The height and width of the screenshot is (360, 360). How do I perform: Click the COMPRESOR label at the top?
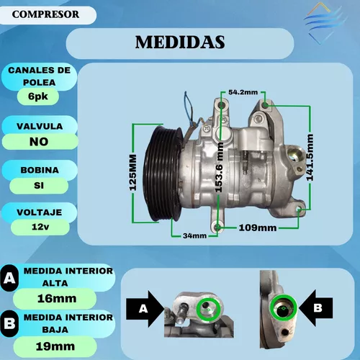45,14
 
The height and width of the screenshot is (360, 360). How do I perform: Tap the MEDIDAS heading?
180,42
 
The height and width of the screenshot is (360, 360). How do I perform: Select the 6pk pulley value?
38,96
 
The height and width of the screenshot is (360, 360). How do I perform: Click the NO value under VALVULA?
39,142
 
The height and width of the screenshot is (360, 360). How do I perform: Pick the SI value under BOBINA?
39,185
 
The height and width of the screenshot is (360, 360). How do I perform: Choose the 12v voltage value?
40,227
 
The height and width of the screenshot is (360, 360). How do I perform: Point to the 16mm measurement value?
57,298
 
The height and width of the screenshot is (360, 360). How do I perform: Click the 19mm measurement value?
55,346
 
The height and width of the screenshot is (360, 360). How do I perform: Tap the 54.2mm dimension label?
243,92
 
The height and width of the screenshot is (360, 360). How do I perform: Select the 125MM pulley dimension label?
132,173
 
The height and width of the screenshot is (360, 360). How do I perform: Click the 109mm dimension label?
258,228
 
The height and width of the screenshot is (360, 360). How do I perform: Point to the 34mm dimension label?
194,235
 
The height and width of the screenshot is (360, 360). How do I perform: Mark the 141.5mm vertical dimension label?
310,158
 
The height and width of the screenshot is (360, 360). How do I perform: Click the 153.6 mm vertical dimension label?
219,167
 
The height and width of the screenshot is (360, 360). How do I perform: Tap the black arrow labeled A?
145,309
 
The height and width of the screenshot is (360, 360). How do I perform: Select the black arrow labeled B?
315,308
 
